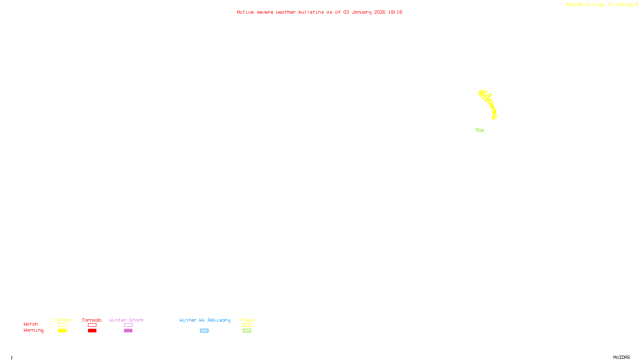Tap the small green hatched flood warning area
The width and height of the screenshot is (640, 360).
pyautogui.click(x=480, y=130)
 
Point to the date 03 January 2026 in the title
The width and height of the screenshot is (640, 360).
pyautogui.click(x=364, y=12)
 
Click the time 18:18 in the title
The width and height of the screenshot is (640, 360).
pyautogui.click(x=395, y=12)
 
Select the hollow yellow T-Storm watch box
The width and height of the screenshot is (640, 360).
pyautogui.click(x=62, y=325)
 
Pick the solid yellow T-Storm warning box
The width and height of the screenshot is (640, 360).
pyautogui.click(x=62, y=331)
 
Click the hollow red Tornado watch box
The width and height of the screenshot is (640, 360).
pyautogui.click(x=92, y=325)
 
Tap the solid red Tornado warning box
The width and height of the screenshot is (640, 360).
pyautogui.click(x=92, y=331)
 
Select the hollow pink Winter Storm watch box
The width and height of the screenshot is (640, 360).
pyautogui.click(x=128, y=325)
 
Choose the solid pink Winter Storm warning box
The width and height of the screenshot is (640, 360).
pyautogui.click(x=128, y=331)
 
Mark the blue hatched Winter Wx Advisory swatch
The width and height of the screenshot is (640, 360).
pyautogui.click(x=204, y=331)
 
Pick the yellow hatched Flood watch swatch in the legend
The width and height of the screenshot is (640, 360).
pyautogui.click(x=247, y=325)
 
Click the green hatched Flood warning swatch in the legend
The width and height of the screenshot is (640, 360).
pyautogui.click(x=247, y=331)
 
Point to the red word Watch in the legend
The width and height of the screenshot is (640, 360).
pyautogui.click(x=31, y=324)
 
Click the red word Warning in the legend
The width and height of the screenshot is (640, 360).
pyautogui.click(x=33, y=330)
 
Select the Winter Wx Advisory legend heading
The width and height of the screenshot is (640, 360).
pyautogui.click(x=205, y=320)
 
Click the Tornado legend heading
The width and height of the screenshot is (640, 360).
pyautogui.click(x=92, y=320)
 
